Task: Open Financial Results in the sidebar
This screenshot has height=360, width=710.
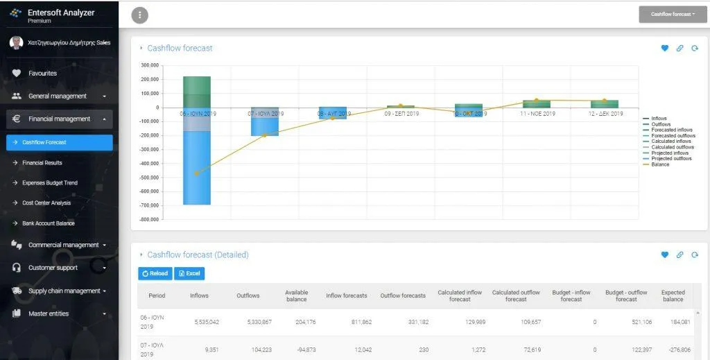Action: [x=42, y=163]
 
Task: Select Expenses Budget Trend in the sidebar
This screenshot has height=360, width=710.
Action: [x=50, y=183]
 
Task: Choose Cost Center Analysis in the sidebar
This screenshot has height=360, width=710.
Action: [x=46, y=203]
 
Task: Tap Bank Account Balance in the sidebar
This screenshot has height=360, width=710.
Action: [x=49, y=223]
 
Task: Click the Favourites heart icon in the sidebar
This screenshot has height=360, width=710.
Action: [x=17, y=74]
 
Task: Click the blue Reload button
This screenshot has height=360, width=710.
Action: [x=155, y=273]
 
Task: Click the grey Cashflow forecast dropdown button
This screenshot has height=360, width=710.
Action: [x=673, y=14]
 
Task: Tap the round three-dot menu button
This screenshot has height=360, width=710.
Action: [x=139, y=15]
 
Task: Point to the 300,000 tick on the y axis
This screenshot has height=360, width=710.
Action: [x=150, y=65]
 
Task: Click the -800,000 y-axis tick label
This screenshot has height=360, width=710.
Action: [x=148, y=219]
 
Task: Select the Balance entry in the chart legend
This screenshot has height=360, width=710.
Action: [x=660, y=164]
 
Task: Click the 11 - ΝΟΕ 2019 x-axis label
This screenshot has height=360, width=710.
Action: [x=537, y=113]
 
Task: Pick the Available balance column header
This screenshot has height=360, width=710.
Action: [x=297, y=295]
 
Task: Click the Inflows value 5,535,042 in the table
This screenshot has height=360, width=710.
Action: [x=205, y=323]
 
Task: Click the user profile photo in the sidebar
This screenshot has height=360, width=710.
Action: [x=15, y=43]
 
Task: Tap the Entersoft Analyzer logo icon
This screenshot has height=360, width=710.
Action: [x=15, y=13]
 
